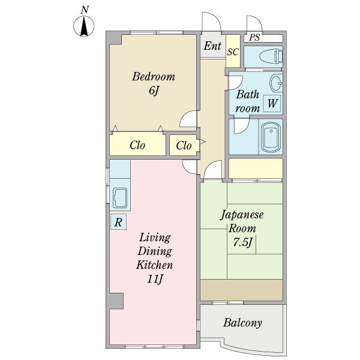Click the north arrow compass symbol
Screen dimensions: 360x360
[84, 26]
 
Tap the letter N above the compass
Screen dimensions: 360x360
[85, 10]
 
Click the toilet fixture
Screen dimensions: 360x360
[271, 56]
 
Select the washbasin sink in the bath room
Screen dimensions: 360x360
[276, 83]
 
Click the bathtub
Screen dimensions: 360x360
[271, 137]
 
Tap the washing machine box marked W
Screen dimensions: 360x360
[272, 103]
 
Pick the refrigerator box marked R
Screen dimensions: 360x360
[118, 222]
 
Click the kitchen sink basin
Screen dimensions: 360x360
[120, 198]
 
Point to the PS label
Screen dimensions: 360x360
[254, 37]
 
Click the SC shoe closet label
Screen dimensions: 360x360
[233, 52]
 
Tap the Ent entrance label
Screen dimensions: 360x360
[212, 46]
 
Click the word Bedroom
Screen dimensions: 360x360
[154, 76]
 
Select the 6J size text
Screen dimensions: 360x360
[154, 91]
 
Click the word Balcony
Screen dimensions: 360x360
[242, 323]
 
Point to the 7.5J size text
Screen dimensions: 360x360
[243, 242]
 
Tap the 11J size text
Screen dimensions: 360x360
[155, 279]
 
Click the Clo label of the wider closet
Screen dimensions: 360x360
[137, 145]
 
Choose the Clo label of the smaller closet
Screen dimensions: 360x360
[184, 145]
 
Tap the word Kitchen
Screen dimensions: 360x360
[154, 265]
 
